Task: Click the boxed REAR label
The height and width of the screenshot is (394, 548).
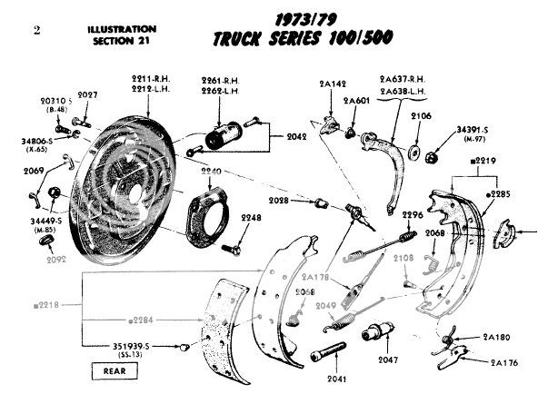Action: click(114, 370)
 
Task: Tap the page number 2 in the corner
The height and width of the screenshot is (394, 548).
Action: click(35, 31)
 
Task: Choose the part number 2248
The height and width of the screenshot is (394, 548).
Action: click(250, 219)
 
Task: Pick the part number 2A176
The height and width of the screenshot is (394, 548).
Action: click(504, 361)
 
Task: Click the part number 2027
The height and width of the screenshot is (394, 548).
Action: click(87, 95)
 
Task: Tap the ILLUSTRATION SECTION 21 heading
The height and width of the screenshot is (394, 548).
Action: click(117, 34)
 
